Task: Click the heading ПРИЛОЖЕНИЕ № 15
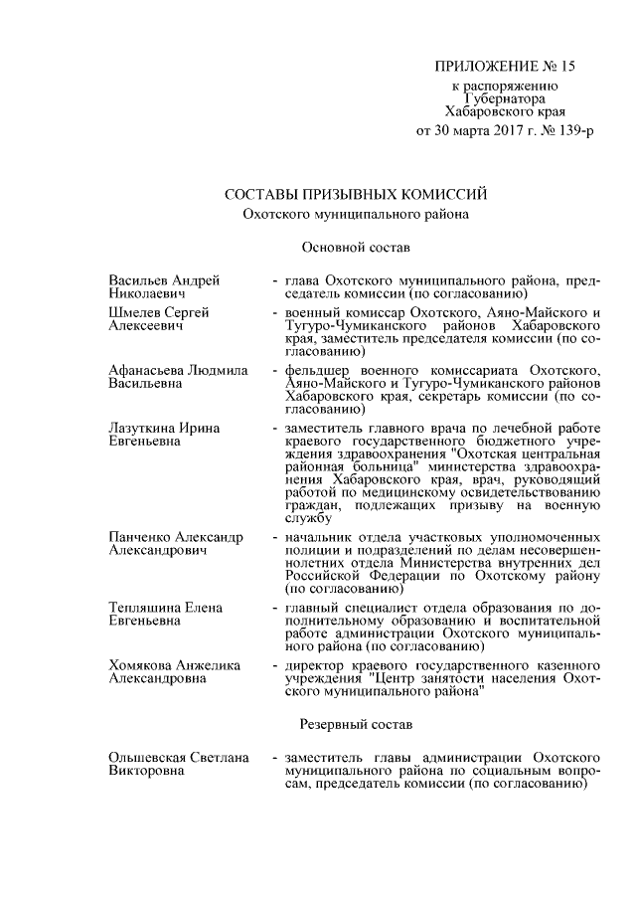coord(505,68)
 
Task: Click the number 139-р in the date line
coord(569,130)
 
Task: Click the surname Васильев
coord(140,279)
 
